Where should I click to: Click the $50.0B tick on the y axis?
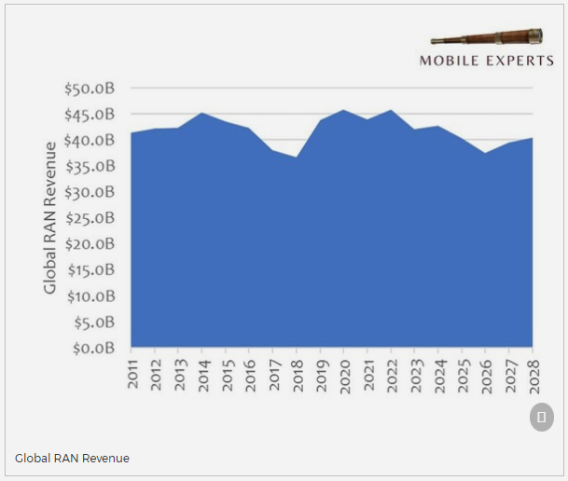pos(90,89)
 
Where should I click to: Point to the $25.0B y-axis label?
pos(90,218)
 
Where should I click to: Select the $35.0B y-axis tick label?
pos(90,167)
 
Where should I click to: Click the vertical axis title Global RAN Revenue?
pos(50,218)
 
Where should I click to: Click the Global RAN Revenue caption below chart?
pos(72,458)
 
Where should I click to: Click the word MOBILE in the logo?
pos(449,62)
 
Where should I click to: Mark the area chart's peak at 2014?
pos(202,114)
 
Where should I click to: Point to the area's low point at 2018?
pos(297,158)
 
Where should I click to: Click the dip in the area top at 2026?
pos(485,153)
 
